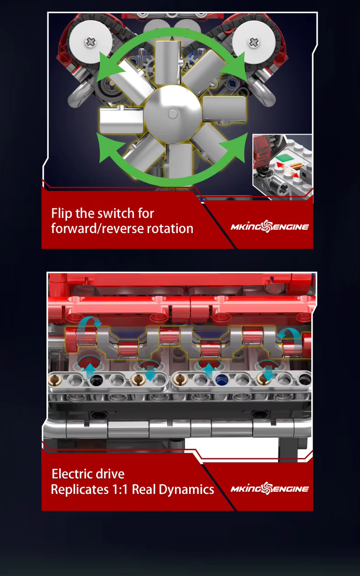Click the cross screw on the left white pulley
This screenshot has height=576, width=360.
[90, 42]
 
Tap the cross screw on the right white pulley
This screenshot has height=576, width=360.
[253, 42]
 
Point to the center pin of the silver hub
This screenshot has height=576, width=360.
[173, 114]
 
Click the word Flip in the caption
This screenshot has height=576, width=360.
[61, 213]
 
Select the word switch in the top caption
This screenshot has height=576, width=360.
[117, 213]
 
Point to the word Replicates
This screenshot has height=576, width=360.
[80, 490]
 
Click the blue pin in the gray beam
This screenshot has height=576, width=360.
[221, 380]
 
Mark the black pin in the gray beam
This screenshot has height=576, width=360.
[96, 380]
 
